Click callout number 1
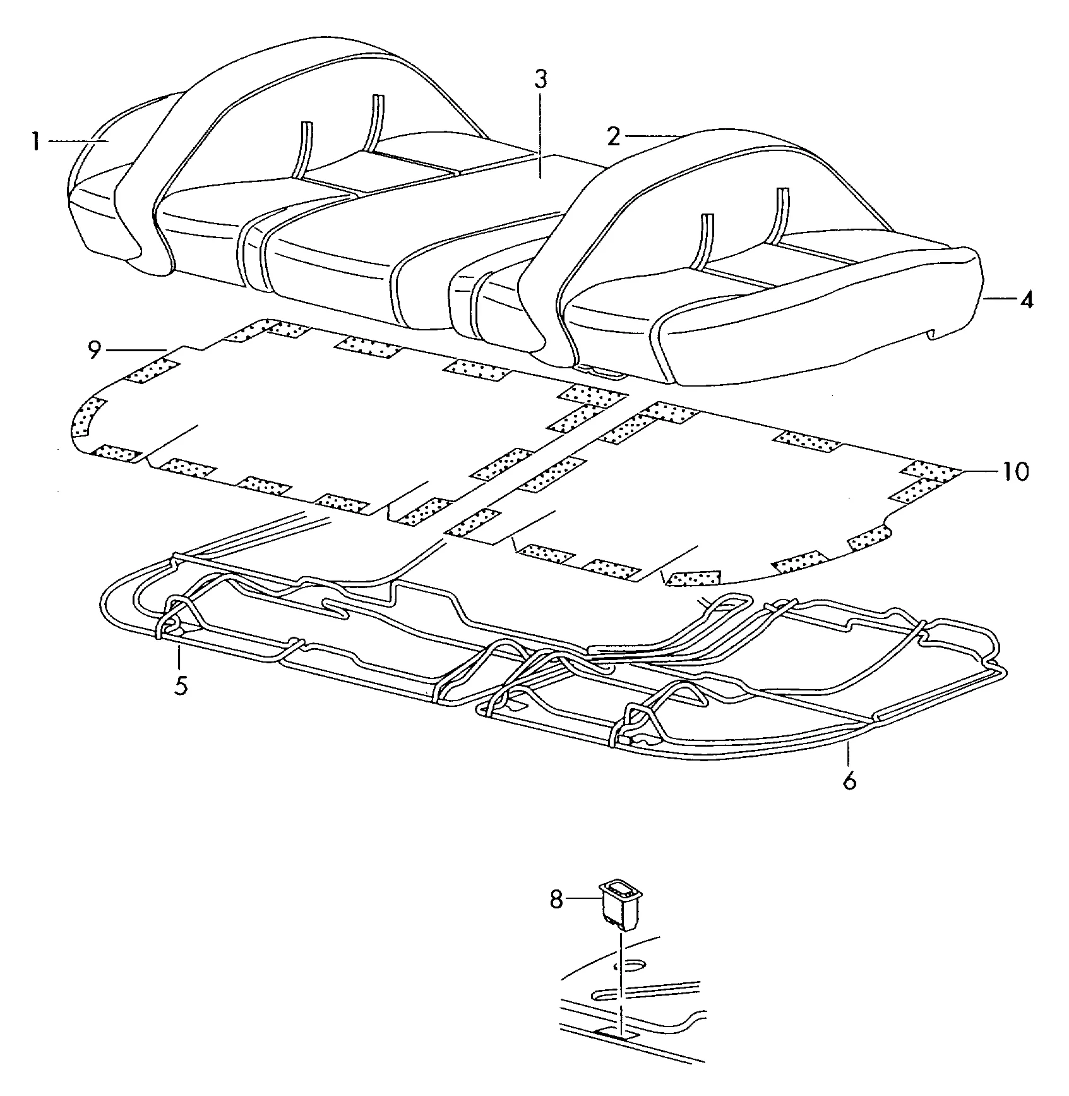click(36, 142)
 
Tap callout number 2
click(614, 136)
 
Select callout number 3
click(540, 80)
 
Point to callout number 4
click(1027, 299)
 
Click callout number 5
click(181, 685)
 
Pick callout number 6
click(850, 780)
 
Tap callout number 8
click(556, 900)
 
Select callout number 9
click(95, 350)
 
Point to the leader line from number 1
click(79, 141)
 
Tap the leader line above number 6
click(849, 754)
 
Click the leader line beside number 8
click(582, 898)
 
